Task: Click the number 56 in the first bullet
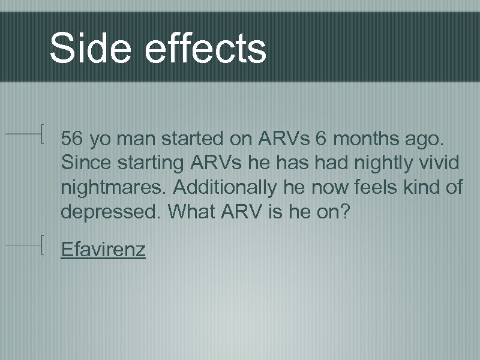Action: click(72, 139)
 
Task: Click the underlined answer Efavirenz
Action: click(103, 248)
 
